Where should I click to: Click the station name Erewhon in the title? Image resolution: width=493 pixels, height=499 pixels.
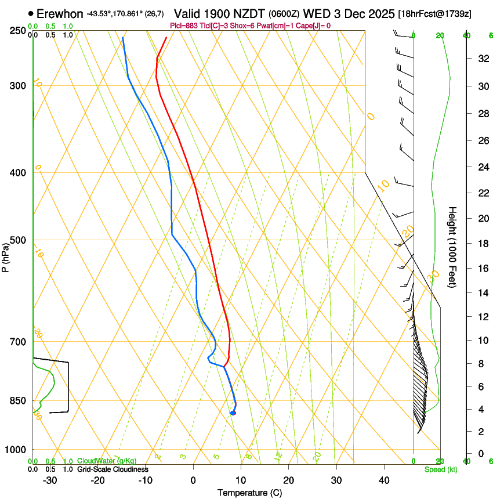point(60,13)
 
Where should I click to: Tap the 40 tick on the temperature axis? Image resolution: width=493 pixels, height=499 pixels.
point(383,480)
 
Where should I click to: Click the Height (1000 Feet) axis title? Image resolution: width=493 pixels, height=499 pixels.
point(453,247)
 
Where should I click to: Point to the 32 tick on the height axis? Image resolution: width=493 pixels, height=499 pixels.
point(482,59)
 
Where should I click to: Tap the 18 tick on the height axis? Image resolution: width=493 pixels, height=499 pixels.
point(482,244)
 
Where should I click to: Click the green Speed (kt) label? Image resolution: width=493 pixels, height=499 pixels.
point(440,469)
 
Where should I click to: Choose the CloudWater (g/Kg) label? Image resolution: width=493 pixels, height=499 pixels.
point(107,461)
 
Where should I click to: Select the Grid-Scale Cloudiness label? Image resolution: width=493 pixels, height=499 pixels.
point(113,469)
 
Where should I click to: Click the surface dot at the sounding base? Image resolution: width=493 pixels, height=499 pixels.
point(233,413)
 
